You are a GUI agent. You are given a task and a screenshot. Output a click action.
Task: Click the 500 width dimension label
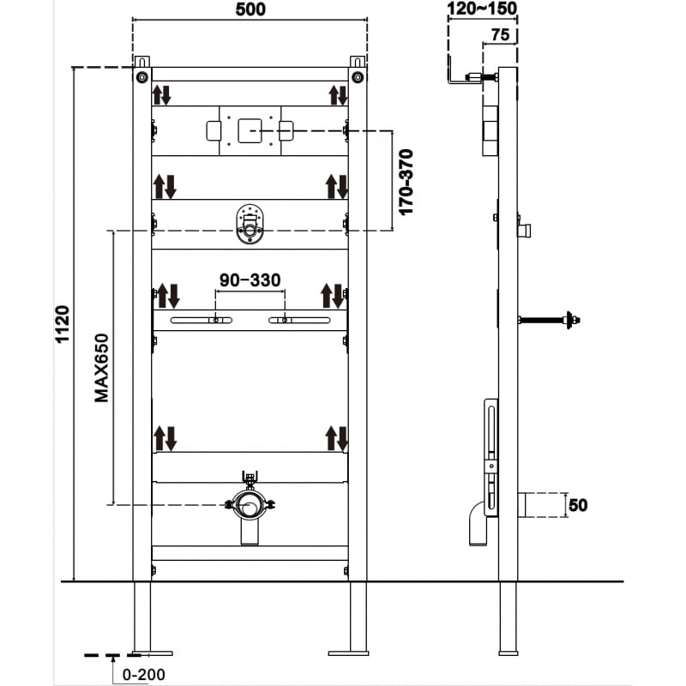249,9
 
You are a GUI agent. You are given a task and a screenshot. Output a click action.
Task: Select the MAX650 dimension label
102,367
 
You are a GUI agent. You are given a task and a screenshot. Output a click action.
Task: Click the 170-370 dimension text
406,182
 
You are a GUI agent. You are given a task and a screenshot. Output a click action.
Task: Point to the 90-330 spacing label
250,280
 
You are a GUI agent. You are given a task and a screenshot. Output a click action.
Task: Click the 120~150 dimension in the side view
482,9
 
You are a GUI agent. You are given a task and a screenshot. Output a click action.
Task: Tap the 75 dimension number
502,35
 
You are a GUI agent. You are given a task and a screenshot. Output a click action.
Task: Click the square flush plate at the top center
250,130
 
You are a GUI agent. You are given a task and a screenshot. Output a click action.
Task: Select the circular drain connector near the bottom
250,506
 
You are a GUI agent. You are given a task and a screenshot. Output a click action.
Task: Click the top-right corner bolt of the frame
358,76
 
